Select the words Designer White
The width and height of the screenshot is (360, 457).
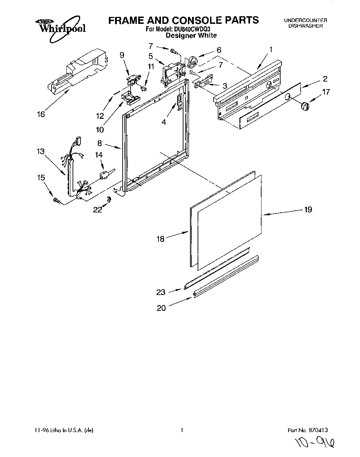click(x=191, y=35)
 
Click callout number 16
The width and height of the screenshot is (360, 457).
click(x=41, y=114)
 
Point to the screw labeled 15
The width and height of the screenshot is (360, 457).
click(x=56, y=199)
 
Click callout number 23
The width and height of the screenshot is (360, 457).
click(x=161, y=292)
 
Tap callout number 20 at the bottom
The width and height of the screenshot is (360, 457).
click(x=161, y=308)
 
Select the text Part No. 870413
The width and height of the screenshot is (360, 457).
click(x=307, y=430)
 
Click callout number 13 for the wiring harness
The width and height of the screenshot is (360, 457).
click(x=40, y=151)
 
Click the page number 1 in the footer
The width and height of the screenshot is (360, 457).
click(x=181, y=430)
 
